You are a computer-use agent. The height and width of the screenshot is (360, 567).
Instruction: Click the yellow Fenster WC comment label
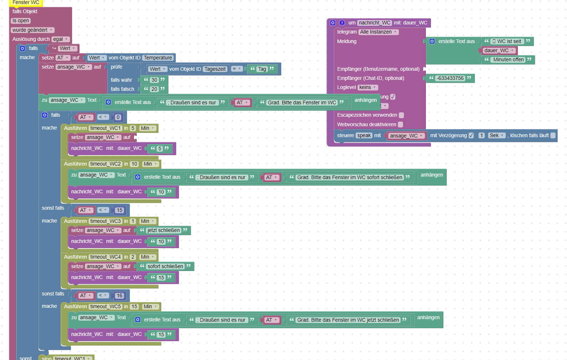(26, 3)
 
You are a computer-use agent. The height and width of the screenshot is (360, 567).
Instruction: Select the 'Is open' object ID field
(21, 21)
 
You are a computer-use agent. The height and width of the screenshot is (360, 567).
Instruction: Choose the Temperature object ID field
(158, 58)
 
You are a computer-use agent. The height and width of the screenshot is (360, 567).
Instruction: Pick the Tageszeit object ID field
(215, 69)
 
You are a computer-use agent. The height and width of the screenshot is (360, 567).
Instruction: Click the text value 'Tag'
(262, 69)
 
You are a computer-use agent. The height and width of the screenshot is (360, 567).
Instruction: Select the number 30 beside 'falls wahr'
(154, 80)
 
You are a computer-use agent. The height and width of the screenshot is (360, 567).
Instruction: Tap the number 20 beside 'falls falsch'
(154, 89)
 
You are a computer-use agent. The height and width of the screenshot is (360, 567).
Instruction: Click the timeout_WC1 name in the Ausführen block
(105, 128)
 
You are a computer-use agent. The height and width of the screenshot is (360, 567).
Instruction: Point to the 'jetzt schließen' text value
(164, 230)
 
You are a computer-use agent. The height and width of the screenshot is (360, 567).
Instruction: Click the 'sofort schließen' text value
(165, 266)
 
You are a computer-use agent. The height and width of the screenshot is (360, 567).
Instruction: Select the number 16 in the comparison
(120, 295)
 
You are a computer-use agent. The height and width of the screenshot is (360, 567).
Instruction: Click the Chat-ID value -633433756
(451, 78)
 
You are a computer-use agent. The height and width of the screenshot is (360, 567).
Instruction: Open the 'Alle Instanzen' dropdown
(378, 32)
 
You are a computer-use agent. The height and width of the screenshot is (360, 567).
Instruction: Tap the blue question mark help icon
(342, 23)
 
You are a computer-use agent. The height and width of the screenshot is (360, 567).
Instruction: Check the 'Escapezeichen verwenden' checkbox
(401, 115)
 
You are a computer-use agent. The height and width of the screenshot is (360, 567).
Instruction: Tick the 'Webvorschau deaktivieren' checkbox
(400, 124)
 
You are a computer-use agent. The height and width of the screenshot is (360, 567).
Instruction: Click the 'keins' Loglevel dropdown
(368, 87)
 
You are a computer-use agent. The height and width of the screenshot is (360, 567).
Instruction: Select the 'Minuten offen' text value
(508, 59)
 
